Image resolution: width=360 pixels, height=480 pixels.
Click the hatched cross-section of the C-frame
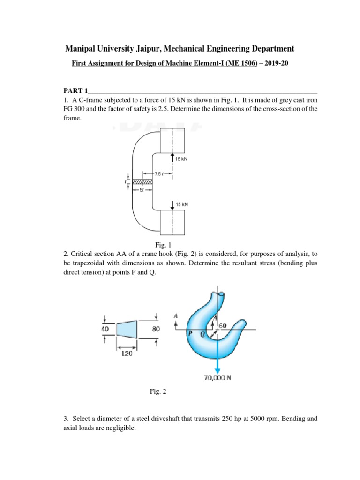(x=142, y=181)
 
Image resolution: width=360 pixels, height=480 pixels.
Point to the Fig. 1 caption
(x=164, y=244)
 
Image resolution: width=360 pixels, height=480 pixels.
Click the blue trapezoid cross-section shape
(x=126, y=329)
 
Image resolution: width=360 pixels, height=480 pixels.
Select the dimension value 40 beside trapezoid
(x=105, y=329)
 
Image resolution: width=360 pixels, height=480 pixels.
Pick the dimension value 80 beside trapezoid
(x=156, y=329)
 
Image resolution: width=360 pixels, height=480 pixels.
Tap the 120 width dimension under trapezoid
(x=126, y=354)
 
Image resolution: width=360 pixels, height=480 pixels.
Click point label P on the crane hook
(x=191, y=334)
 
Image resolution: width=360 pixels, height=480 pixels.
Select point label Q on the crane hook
(x=203, y=334)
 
